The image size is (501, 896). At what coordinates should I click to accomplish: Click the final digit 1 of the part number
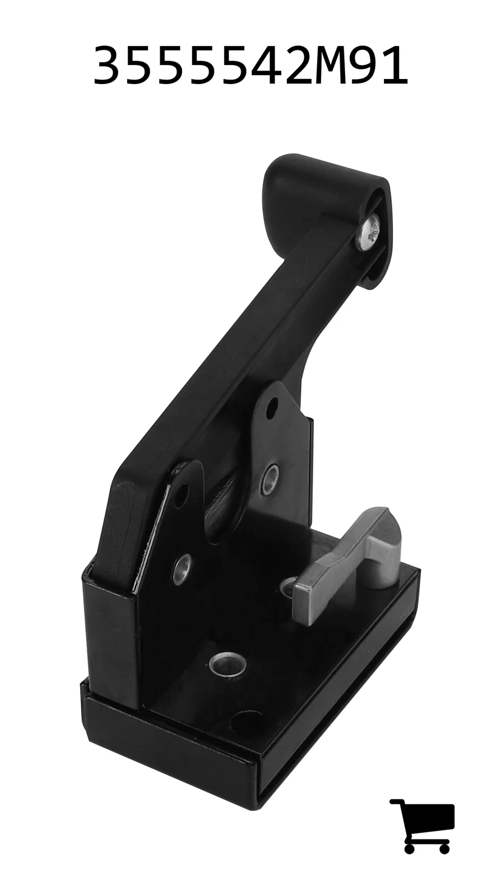[394, 65]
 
